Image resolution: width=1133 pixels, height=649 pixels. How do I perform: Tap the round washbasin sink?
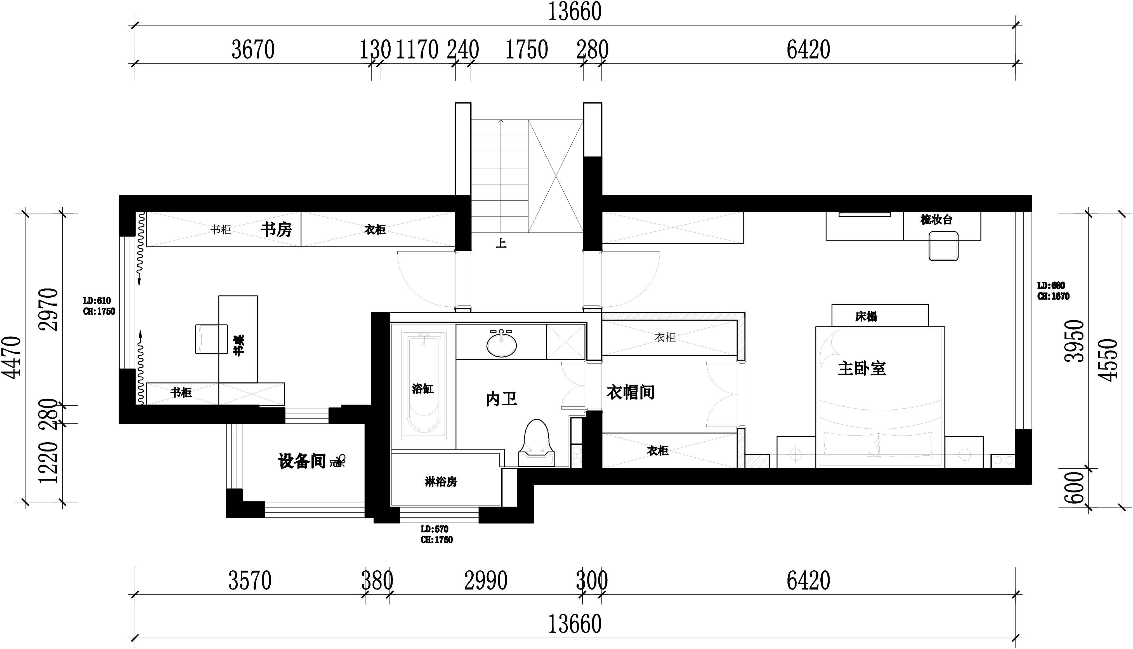point(502,344)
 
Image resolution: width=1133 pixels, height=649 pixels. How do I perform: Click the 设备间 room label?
point(302,461)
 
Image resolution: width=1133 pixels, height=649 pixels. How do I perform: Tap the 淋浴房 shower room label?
point(441,482)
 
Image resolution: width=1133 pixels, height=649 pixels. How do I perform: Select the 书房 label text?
point(276,230)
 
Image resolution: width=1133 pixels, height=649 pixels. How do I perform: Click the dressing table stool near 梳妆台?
point(943,248)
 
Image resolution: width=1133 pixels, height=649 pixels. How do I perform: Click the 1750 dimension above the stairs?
point(526,50)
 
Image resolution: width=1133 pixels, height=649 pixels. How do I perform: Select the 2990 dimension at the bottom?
point(486,581)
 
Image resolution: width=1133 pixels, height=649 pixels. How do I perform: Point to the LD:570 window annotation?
point(435,529)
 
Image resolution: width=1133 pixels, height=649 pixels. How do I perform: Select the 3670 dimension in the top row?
point(253,50)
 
